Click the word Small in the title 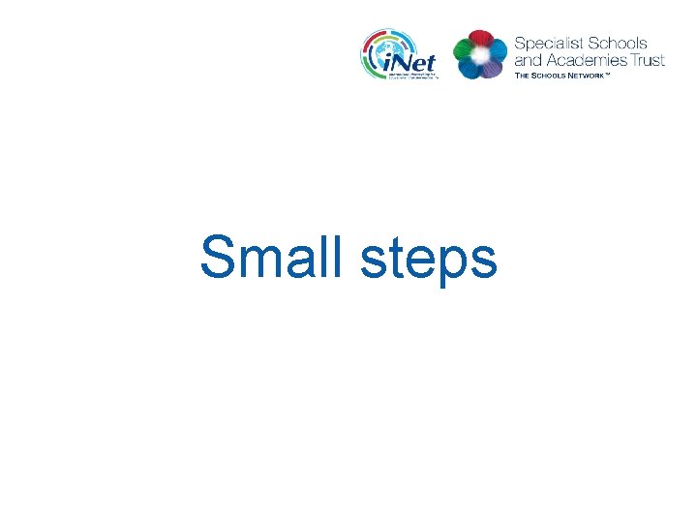(x=272, y=259)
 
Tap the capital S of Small (x=218, y=259)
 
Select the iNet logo (x=400, y=54)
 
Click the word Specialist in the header (x=546, y=44)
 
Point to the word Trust (x=646, y=60)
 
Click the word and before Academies (x=529, y=60)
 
